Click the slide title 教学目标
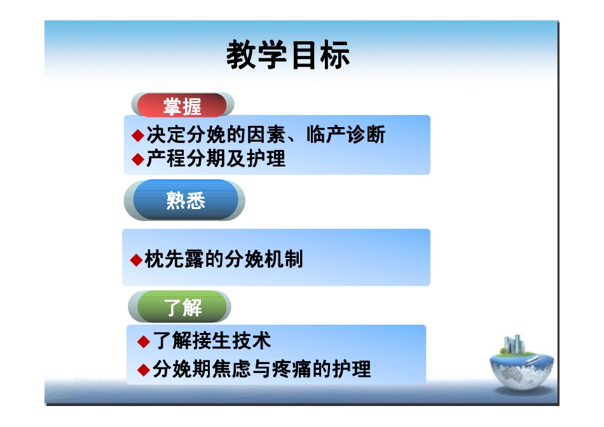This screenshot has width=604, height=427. point(288,56)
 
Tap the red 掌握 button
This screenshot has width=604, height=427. point(182,106)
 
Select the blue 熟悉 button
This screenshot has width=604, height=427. point(185,201)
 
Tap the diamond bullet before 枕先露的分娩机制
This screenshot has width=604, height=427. point(135,259)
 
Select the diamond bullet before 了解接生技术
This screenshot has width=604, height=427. point(143,342)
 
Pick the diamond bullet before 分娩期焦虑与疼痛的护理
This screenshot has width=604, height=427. point(143,369)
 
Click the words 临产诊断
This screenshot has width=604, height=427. point(345,135)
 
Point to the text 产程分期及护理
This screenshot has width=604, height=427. point(216,159)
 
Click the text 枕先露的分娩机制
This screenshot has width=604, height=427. point(224,259)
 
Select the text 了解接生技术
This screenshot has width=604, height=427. point(212,342)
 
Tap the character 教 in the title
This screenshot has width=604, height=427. point(242,56)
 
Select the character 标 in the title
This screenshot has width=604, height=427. point(334,56)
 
